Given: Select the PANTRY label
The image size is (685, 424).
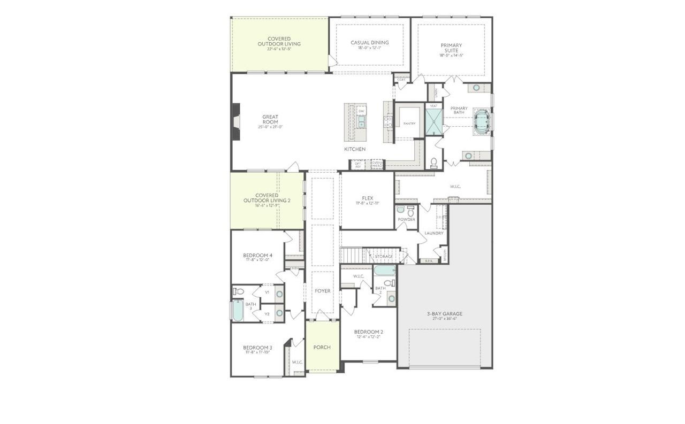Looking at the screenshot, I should tap(409, 124).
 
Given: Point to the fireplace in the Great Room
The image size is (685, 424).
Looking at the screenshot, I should tap(235, 121).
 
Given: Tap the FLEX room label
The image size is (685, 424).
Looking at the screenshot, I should tap(367, 198).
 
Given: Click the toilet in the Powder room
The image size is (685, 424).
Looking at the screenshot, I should tap(410, 211).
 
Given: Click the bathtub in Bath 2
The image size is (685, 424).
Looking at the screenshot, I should tap(384, 271).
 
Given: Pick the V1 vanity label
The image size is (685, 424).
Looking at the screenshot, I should tap(267, 292).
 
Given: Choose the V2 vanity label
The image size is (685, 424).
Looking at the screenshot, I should tap(267, 314).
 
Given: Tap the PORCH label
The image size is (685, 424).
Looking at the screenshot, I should tap(322, 347).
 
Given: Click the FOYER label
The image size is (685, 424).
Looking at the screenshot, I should tap(322, 291).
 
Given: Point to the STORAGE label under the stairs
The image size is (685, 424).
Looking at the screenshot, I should tap(384, 257).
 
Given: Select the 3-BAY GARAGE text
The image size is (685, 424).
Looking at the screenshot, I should tap(445, 314).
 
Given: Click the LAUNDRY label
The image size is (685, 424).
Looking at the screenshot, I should tap(433, 233).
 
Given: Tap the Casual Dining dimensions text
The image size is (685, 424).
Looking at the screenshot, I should tap(369, 48).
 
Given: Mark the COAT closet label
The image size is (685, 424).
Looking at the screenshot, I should tap(401, 80).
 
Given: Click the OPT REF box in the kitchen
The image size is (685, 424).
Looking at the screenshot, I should tap(358, 164).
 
